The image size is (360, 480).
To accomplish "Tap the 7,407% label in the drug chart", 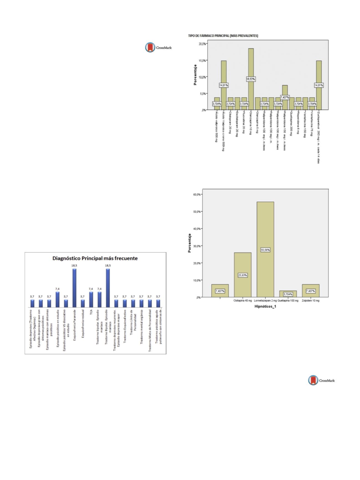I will [285, 97].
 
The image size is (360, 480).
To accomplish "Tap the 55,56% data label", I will [265, 250].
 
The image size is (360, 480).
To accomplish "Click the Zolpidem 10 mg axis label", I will [310, 301].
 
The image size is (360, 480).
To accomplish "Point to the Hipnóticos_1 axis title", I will [265, 306].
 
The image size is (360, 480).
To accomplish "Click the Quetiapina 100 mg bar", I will [288, 294].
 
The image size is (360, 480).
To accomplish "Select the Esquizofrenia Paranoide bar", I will [74, 288].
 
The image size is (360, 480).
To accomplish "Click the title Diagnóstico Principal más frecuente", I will [95, 258].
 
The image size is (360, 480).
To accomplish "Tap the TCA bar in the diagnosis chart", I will [91, 300].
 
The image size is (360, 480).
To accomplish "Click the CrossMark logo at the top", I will [159, 47].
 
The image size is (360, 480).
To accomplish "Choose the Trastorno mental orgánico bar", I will [142, 303].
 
